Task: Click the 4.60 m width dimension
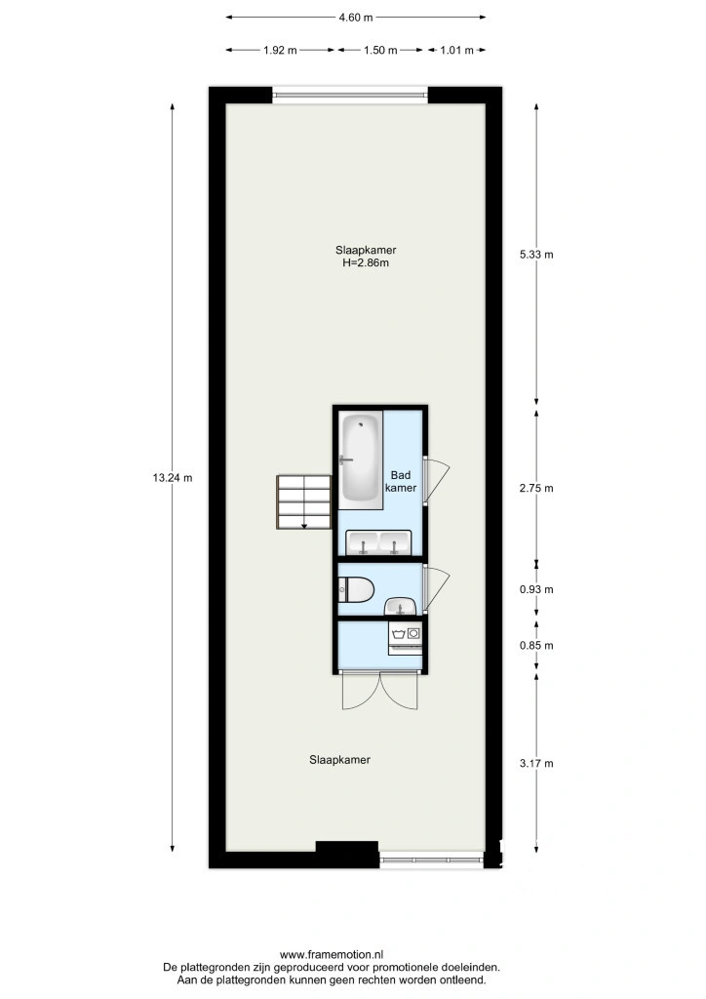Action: [x=356, y=18]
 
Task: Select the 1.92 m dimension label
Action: [x=280, y=51]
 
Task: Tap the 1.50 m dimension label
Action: [x=380, y=51]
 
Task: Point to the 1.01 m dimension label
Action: [x=457, y=51]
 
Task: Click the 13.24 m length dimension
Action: [x=173, y=477]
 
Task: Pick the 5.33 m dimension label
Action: [x=536, y=255]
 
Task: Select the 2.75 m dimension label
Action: [x=536, y=489]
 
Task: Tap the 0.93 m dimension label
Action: [x=536, y=590]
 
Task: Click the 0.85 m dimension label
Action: [x=536, y=646]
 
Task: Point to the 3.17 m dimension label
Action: [x=536, y=763]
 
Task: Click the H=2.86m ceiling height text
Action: [x=366, y=262]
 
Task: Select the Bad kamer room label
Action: [x=401, y=482]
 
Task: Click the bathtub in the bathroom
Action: [x=360, y=458]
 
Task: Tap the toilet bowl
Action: [x=355, y=590]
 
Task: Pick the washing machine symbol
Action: [x=406, y=638]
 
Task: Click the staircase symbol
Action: [x=304, y=502]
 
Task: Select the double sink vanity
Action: [x=378, y=542]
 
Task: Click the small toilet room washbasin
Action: [x=401, y=607]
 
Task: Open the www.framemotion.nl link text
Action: [x=332, y=954]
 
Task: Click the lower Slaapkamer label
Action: [x=340, y=760]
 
